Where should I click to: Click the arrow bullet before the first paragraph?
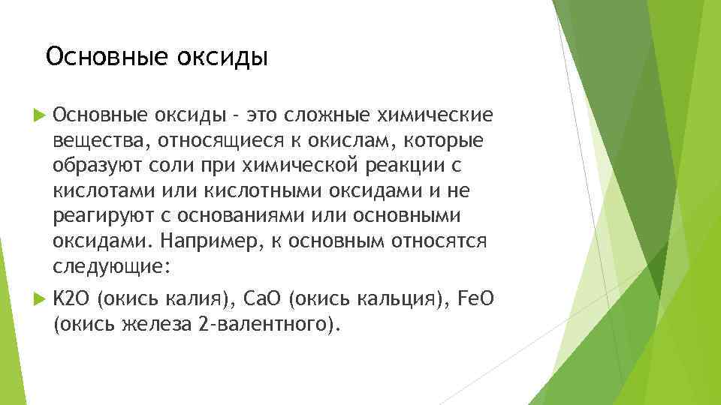(40, 115)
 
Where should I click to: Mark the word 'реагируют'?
(92, 217)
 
